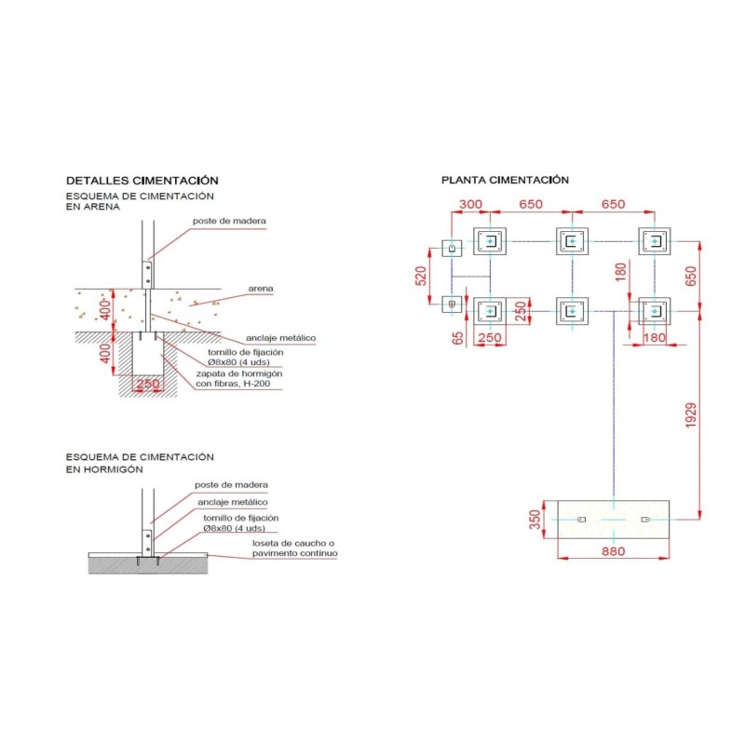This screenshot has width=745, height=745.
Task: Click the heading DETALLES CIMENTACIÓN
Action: (x=142, y=181)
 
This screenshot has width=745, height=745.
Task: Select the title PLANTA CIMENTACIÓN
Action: (x=505, y=180)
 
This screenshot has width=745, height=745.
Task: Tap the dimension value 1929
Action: (x=691, y=415)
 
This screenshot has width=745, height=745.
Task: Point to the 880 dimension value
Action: (x=613, y=551)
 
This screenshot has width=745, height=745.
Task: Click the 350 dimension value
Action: (x=535, y=520)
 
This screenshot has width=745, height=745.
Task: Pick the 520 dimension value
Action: (x=421, y=276)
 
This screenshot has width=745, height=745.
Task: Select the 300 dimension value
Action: (x=470, y=204)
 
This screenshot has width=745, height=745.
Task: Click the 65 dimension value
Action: (x=457, y=338)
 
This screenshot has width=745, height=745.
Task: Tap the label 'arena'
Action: (x=261, y=289)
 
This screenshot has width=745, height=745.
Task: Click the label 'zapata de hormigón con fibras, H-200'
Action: (x=239, y=379)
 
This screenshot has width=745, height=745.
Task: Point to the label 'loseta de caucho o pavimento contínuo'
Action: (x=294, y=549)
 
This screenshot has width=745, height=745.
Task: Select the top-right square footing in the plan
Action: (x=655, y=241)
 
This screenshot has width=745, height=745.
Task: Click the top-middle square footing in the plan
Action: (x=572, y=241)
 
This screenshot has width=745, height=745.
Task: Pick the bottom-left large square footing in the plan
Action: (x=490, y=311)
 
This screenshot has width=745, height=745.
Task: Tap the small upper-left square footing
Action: (x=452, y=248)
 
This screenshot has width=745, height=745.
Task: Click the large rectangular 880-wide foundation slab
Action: (x=614, y=520)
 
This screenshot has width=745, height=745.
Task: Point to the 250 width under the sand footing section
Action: (x=148, y=384)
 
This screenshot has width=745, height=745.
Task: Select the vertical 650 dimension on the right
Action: (x=691, y=276)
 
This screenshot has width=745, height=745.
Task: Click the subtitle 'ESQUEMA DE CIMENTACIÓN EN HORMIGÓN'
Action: (x=140, y=463)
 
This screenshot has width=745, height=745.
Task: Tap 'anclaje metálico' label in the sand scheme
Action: (x=281, y=338)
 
